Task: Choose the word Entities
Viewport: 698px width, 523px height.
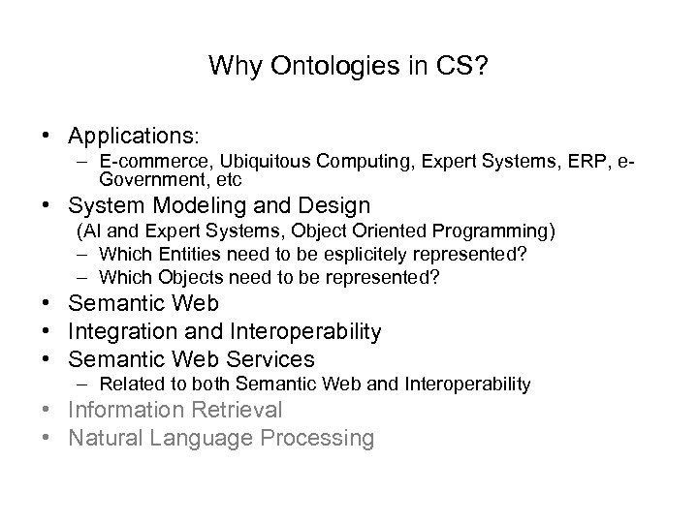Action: pos(185,255)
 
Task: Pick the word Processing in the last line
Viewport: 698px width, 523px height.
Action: pos(319,438)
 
